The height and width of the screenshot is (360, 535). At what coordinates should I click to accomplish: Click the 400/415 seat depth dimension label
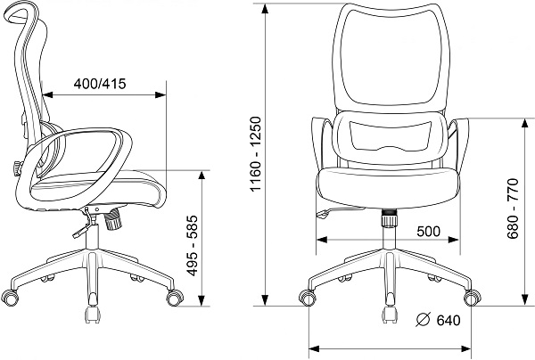(100, 84)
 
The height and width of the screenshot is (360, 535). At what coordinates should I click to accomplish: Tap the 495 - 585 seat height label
(193, 245)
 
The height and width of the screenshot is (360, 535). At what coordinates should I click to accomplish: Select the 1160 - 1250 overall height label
(255, 154)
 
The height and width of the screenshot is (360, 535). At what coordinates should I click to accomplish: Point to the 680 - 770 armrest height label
(513, 209)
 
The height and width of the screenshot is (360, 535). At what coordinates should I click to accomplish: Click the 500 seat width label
(429, 232)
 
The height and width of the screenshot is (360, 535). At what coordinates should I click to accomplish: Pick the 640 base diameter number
(449, 321)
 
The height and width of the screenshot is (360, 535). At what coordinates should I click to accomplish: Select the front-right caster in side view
(175, 298)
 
